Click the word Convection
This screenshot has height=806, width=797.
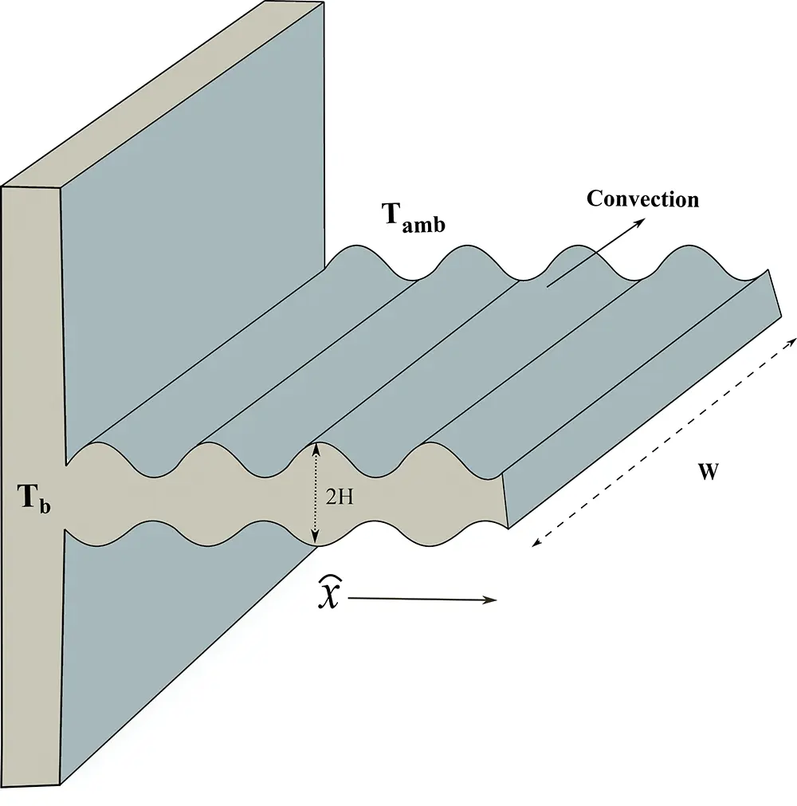(x=642, y=199)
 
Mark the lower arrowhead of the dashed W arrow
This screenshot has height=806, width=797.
(x=535, y=545)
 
